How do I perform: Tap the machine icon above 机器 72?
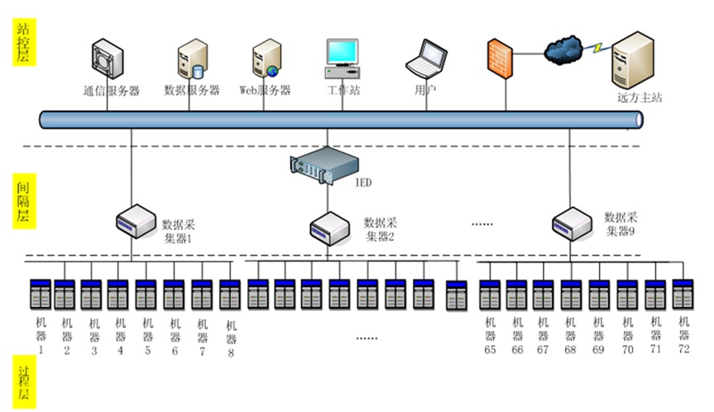coord(683,295)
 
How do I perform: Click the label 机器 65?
coord(490,334)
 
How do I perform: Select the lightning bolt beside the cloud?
coord(597,48)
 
